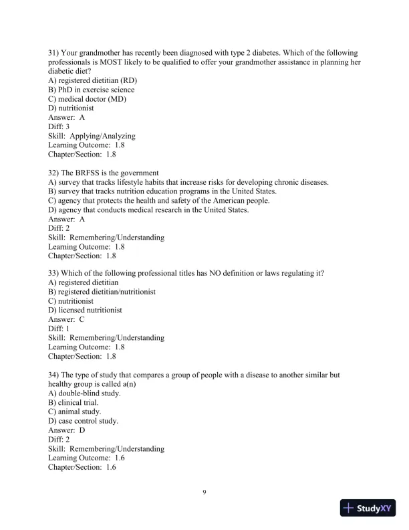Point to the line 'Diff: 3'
point(59,126)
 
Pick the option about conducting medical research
point(148,209)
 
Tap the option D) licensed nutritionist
point(85,311)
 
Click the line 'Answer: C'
point(66,320)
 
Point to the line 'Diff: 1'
point(59,329)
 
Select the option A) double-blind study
point(84,393)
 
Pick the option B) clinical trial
point(74,403)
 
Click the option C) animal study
point(73,412)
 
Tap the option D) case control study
point(84,421)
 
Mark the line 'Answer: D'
point(66,430)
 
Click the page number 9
point(204,493)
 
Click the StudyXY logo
point(368,509)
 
